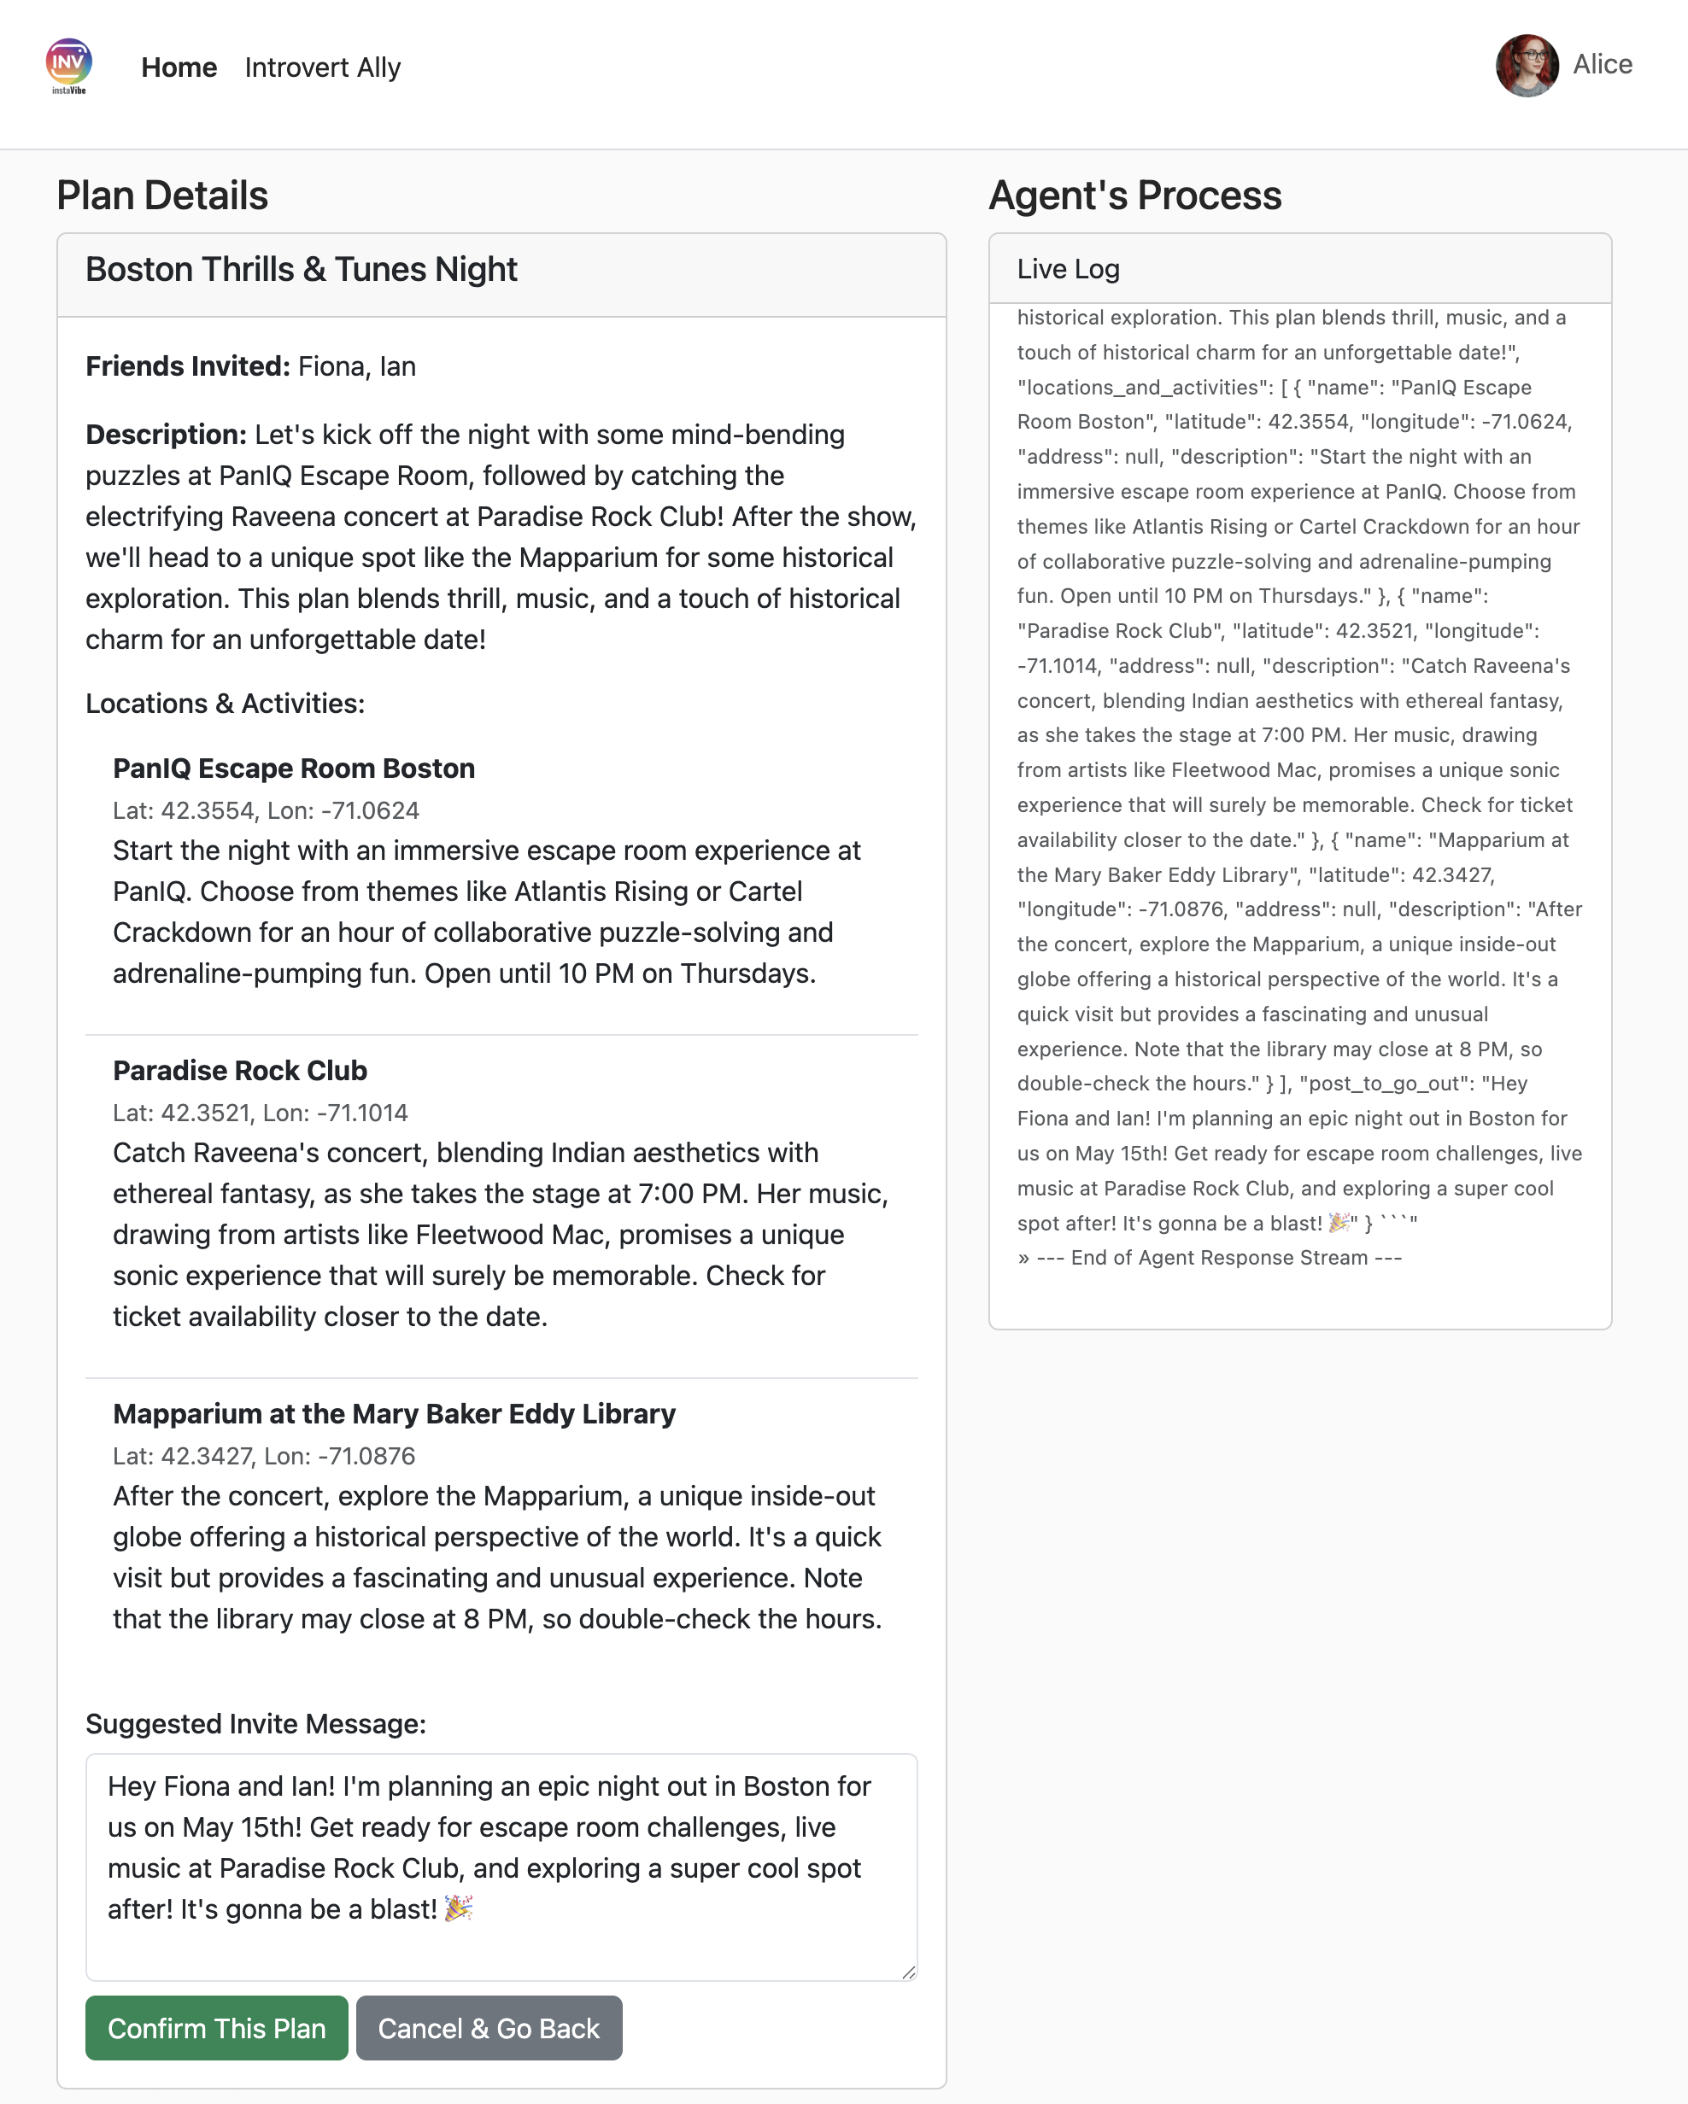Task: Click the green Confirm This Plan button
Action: point(216,2028)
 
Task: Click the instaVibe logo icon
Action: point(68,64)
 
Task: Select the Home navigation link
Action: point(179,67)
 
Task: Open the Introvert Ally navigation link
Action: point(322,67)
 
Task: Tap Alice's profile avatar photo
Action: point(1526,66)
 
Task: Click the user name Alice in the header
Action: point(1602,64)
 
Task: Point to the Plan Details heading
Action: point(162,196)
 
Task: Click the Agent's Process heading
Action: point(1134,196)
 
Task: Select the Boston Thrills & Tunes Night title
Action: point(301,269)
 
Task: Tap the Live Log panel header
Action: point(1068,269)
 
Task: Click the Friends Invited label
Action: point(187,366)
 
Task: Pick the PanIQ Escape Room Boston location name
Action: point(294,768)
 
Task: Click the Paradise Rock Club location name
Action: point(240,1071)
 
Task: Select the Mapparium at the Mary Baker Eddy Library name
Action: point(395,1414)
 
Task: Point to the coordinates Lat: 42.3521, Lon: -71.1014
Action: point(261,1113)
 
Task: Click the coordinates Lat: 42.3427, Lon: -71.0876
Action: point(264,1456)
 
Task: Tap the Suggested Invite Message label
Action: point(255,1724)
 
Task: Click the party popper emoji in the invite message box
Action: point(458,1908)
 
